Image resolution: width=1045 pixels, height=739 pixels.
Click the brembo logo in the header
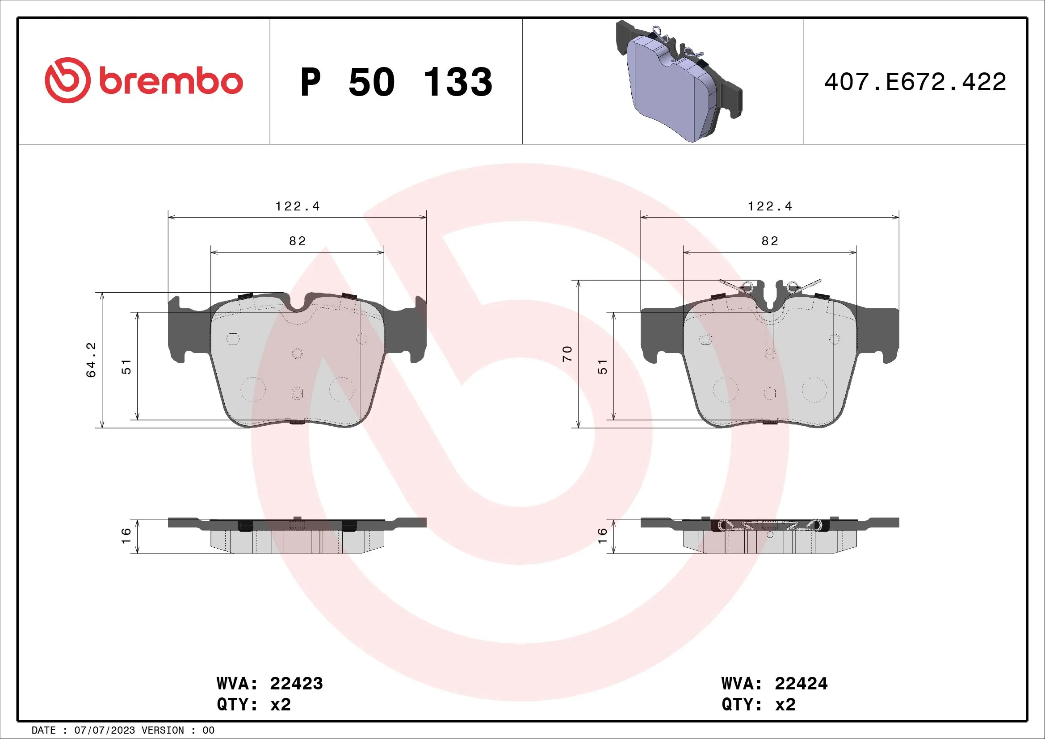point(143,80)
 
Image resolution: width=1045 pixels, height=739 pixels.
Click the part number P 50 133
point(396,82)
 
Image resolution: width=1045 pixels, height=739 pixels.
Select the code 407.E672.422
point(915,82)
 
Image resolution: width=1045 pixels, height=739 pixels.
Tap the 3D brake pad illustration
point(678,82)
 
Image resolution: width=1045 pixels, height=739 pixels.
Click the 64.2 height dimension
point(92,360)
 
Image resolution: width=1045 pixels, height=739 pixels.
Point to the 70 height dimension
point(567,353)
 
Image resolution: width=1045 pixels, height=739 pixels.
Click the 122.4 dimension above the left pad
point(297,206)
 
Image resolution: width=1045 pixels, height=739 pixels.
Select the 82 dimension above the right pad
point(770,241)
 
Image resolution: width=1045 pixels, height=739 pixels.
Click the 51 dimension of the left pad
point(126,367)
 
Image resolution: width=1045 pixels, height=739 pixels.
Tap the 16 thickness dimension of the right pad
point(602,536)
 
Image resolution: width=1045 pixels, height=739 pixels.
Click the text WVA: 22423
point(269,684)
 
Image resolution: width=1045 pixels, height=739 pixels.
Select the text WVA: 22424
point(774,684)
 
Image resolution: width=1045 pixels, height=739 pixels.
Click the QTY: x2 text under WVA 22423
point(253,705)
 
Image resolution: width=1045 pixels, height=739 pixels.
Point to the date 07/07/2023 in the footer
point(104,731)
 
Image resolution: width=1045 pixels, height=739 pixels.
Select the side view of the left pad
point(297,536)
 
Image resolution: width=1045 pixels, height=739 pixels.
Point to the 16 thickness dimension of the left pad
point(126,536)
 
